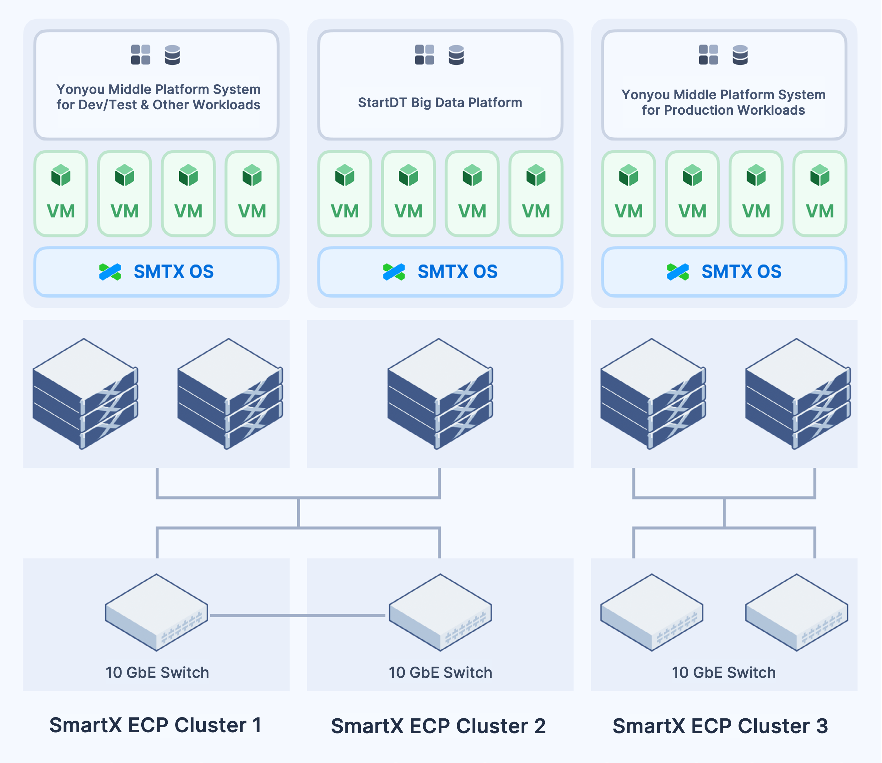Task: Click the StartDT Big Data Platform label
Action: coord(440,103)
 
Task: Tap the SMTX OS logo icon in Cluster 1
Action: coord(110,272)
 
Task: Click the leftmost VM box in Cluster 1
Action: coord(61,194)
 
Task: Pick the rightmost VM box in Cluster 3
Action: coord(820,194)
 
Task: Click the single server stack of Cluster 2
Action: coord(440,394)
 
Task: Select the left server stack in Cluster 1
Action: coord(85,394)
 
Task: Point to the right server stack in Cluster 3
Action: coord(797,394)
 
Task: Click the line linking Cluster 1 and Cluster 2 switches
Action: coord(298,615)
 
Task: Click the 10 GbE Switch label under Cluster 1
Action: coord(157,672)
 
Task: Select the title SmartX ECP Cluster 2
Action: coord(438,726)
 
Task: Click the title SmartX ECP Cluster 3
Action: coord(720,726)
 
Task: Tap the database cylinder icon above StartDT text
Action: coord(456,55)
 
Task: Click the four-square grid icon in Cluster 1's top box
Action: coord(140,55)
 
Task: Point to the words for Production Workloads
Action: coord(723,110)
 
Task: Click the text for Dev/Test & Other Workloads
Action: coord(158,105)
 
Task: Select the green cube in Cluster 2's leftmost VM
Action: coord(344,175)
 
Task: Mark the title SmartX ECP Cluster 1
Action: coord(155,725)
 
